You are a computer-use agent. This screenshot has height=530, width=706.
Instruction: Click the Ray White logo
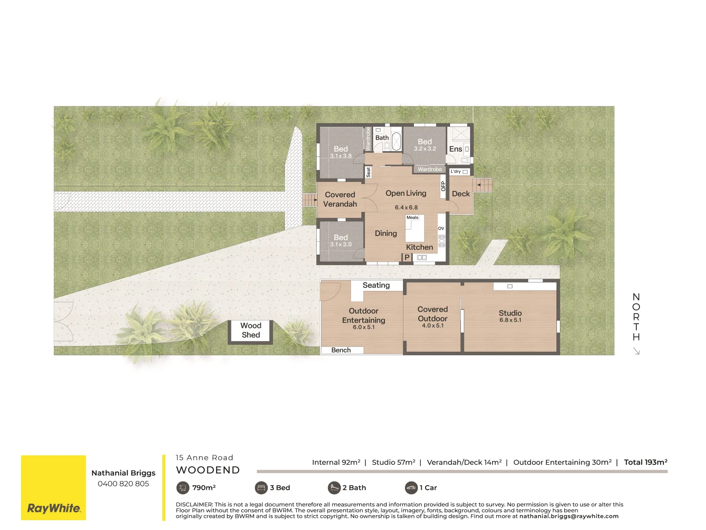click(53, 508)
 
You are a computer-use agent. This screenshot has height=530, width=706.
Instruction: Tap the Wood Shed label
click(251, 330)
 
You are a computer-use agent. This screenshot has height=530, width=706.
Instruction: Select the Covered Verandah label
click(340, 199)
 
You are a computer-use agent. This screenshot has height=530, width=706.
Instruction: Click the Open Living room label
click(405, 193)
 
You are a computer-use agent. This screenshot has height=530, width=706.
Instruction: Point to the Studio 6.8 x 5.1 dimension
click(510, 320)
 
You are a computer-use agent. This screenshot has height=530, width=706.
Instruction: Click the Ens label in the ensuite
click(455, 149)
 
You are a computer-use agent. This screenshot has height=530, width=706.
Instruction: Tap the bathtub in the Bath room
click(396, 141)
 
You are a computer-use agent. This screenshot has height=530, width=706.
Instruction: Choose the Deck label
click(461, 194)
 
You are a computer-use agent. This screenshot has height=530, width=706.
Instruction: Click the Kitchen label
click(419, 247)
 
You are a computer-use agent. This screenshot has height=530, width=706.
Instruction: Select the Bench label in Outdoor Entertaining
click(341, 350)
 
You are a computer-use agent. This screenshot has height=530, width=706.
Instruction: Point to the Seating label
click(376, 286)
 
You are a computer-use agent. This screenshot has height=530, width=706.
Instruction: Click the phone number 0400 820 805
click(123, 484)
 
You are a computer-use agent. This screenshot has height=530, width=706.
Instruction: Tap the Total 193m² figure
click(645, 462)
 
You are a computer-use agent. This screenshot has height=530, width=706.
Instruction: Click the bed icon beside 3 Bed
click(261, 488)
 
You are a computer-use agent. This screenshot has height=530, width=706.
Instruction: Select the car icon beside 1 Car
click(411, 488)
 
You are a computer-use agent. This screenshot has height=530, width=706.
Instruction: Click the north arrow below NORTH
click(636, 351)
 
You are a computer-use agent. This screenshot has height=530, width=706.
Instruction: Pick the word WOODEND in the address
click(208, 470)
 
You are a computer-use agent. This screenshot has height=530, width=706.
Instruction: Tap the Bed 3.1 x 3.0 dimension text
click(341, 244)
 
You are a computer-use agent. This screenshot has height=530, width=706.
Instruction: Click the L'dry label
click(455, 172)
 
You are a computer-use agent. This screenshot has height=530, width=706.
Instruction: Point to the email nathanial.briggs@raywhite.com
click(569, 516)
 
